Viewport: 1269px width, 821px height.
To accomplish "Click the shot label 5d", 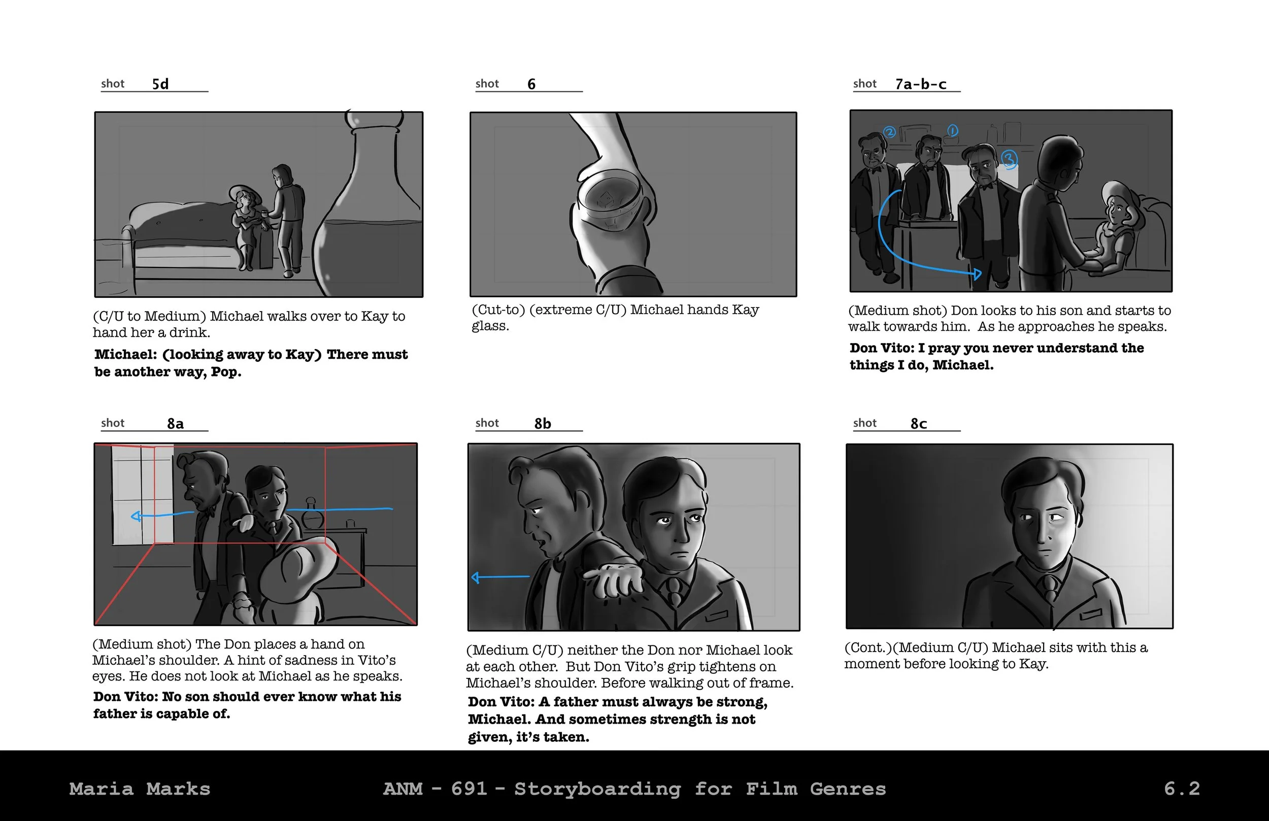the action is click(x=160, y=84).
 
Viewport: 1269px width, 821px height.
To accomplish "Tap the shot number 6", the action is click(x=531, y=84).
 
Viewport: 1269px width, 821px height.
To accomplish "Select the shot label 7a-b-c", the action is click(x=921, y=84).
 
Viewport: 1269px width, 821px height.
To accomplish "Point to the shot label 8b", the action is click(x=543, y=423).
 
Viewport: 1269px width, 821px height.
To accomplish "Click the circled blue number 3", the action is click(x=1009, y=159).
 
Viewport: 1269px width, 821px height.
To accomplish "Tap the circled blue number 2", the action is click(x=889, y=132).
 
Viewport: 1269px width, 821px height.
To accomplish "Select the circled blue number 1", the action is click(x=953, y=130).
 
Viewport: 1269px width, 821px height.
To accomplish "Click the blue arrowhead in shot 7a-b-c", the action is click(x=977, y=273).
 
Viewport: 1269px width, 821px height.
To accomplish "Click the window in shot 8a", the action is click(x=142, y=496).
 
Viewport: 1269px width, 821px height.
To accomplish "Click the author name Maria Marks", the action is click(x=140, y=789).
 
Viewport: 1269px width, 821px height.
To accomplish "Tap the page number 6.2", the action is click(x=1182, y=789).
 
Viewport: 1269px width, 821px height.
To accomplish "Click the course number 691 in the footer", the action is click(x=469, y=789).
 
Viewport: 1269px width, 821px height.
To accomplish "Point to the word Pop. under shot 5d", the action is click(x=226, y=371).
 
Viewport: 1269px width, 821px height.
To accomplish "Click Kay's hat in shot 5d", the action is click(x=245, y=193).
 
